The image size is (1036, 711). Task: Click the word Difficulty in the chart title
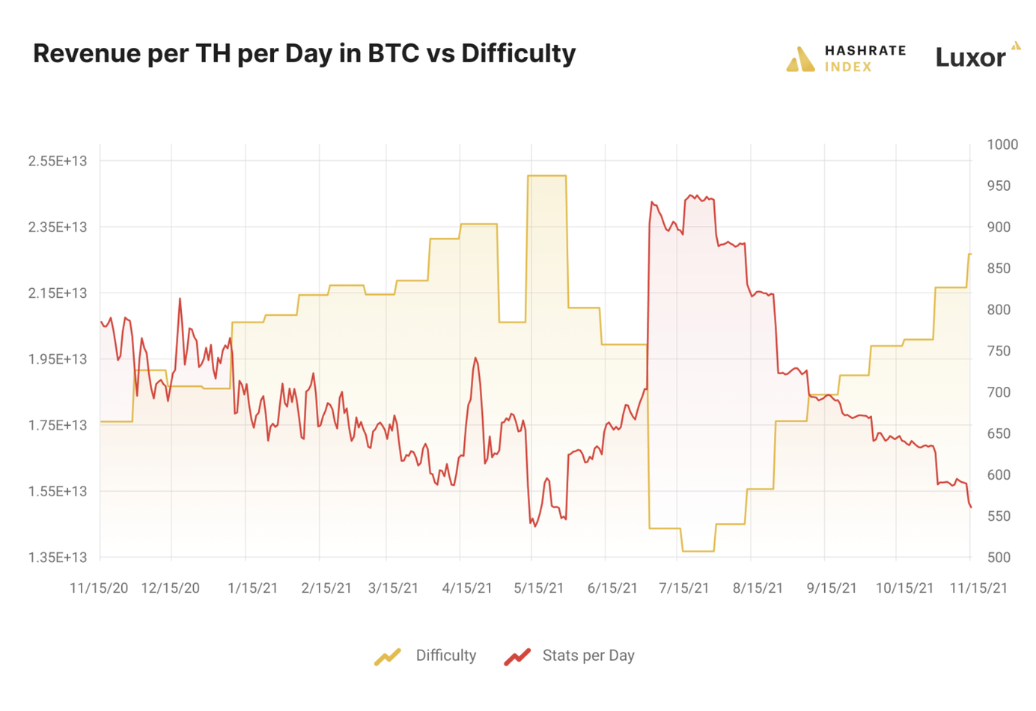(518, 53)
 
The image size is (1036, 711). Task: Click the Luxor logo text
(970, 58)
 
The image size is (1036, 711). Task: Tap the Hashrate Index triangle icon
(800, 59)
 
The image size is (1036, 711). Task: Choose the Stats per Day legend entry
(570, 656)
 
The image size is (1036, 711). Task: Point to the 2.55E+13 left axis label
(58, 161)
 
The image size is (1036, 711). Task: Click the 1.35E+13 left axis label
(58, 557)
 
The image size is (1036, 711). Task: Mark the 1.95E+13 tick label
(58, 359)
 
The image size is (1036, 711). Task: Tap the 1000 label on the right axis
(1002, 144)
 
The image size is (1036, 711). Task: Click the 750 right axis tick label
(999, 351)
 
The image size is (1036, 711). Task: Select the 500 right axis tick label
(999, 557)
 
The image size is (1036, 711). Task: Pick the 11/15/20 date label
(99, 588)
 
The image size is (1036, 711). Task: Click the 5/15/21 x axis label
(538, 588)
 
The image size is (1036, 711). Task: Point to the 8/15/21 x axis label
(758, 588)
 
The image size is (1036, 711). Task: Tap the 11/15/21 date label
(978, 588)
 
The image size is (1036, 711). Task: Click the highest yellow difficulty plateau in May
(546, 176)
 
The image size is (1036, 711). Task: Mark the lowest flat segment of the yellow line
(698, 551)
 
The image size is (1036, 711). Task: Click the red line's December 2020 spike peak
(180, 299)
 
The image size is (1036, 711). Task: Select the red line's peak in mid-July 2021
(690, 196)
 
